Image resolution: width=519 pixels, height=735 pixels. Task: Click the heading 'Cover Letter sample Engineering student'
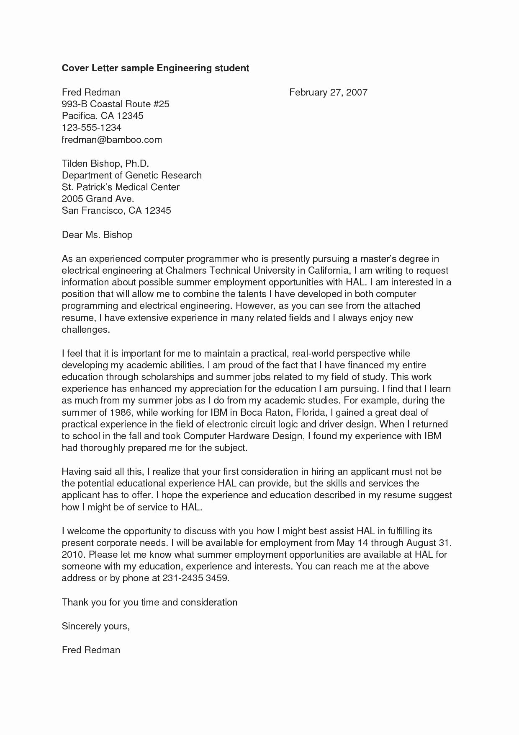(x=155, y=68)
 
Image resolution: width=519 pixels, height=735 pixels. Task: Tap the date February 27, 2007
(x=328, y=92)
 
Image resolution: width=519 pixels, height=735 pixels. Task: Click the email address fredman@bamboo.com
(x=112, y=140)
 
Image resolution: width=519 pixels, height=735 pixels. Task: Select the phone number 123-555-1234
(x=91, y=128)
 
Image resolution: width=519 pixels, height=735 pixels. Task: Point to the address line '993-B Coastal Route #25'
(x=116, y=104)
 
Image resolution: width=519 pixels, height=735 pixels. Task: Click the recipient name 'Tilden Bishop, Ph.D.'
(x=105, y=163)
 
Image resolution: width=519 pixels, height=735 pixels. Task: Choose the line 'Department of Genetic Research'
(x=131, y=175)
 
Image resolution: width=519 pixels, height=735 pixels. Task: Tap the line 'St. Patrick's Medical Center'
(x=121, y=187)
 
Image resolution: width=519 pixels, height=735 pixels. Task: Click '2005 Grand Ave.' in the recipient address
(x=98, y=199)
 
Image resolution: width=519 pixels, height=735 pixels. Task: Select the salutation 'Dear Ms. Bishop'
(x=97, y=235)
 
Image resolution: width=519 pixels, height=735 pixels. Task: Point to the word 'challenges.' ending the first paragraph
(x=86, y=330)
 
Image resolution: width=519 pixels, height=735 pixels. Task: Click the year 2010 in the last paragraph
(x=73, y=555)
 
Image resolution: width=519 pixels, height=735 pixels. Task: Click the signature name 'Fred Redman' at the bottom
(x=91, y=650)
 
